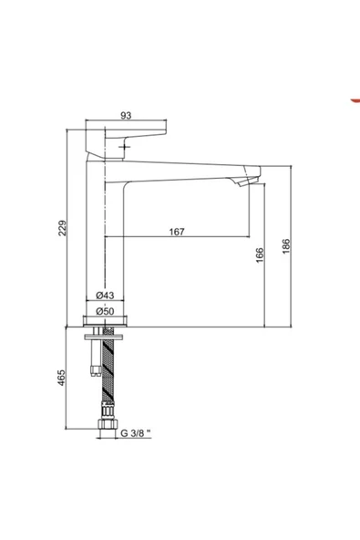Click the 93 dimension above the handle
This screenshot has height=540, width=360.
126,115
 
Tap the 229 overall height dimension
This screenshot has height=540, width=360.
62,228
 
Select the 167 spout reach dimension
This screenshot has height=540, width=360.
177,232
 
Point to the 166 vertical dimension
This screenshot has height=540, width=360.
260,254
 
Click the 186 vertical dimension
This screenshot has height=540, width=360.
286,246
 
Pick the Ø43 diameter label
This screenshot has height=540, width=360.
105,296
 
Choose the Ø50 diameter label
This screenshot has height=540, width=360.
105,311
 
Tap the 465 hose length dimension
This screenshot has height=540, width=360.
61,378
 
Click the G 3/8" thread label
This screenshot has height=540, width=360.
136,433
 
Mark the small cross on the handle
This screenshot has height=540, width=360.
124,148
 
